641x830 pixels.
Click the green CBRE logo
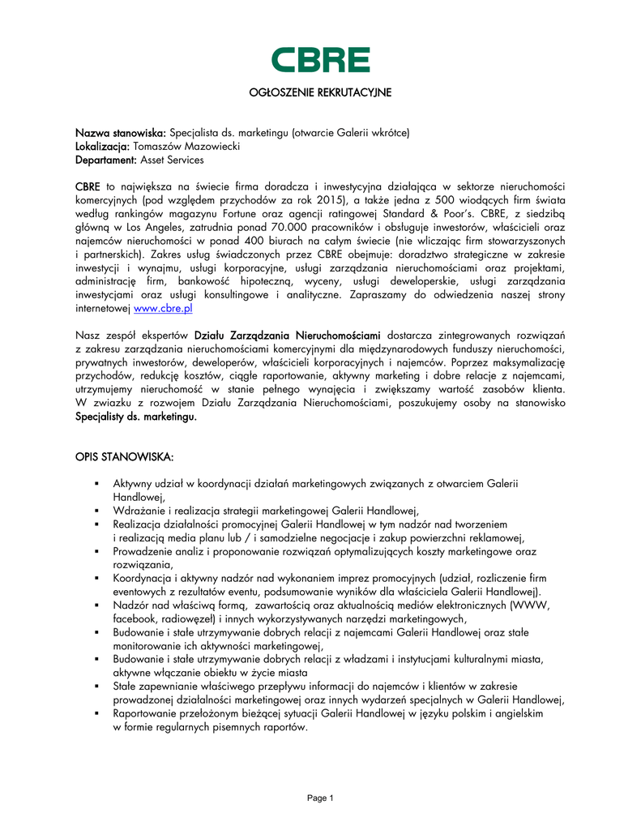pyautogui.click(x=320, y=60)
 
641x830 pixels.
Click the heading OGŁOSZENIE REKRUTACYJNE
pyautogui.click(x=320, y=93)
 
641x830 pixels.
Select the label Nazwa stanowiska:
pyautogui.click(x=121, y=132)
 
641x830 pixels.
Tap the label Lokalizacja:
pyautogui.click(x=103, y=146)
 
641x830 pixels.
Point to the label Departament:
pyautogui.click(x=106, y=160)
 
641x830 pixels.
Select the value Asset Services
pyautogui.click(x=172, y=160)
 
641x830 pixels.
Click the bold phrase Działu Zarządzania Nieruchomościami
pyautogui.click(x=288, y=335)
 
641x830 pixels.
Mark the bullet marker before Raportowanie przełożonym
pyautogui.click(x=96, y=715)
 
